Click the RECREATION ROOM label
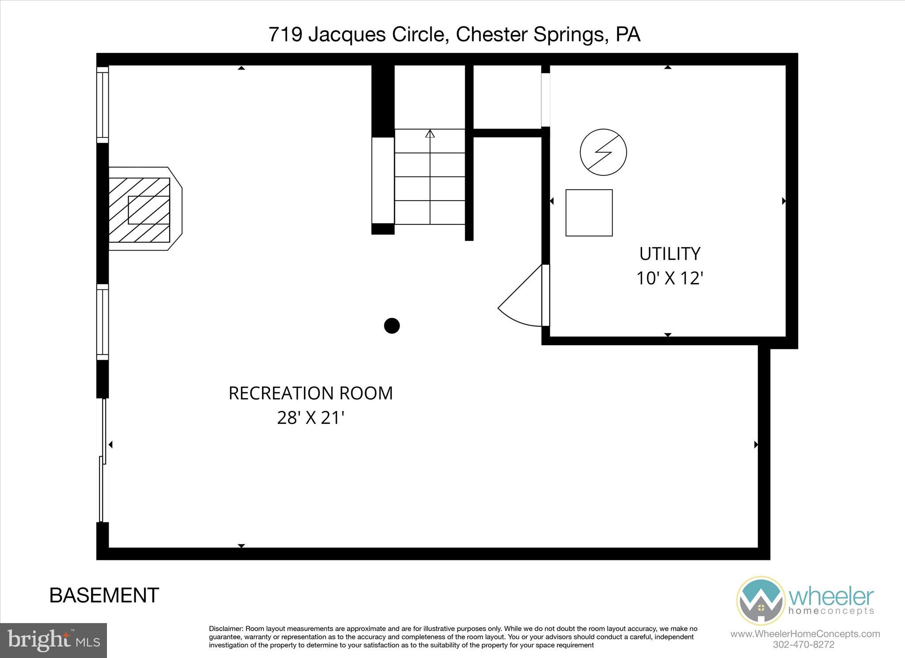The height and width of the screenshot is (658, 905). (310, 393)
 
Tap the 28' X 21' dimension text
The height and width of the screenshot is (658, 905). (310, 418)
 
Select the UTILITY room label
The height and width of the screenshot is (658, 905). (669, 254)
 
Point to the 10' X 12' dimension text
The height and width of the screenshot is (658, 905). (669, 278)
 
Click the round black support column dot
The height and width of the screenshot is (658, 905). (392, 326)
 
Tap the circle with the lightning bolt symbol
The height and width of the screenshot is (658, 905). (603, 152)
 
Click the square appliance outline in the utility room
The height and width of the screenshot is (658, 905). (589, 213)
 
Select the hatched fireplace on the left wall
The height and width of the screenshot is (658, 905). (140, 209)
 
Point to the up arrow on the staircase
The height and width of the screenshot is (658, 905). (430, 134)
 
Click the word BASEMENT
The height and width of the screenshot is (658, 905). (104, 595)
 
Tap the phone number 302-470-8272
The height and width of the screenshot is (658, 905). (803, 645)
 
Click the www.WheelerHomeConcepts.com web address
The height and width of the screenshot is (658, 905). (805, 634)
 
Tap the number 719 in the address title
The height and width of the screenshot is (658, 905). (285, 34)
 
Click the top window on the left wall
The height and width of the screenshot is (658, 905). (103, 105)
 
